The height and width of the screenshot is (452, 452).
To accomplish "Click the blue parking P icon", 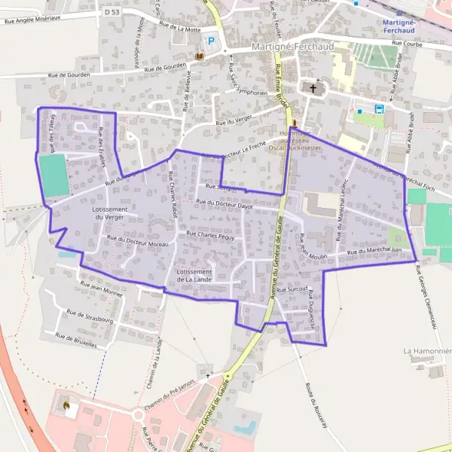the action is [x=212, y=42].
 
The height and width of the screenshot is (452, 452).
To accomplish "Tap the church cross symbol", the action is [x=313, y=88].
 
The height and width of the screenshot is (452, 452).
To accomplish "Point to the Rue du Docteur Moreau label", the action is [x=137, y=241].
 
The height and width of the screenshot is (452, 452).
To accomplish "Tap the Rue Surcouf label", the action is [x=292, y=289].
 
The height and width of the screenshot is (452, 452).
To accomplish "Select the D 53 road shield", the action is [x=112, y=13].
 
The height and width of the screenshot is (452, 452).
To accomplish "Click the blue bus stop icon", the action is [x=379, y=108].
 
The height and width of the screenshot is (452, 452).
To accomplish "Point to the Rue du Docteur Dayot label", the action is [x=224, y=203].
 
